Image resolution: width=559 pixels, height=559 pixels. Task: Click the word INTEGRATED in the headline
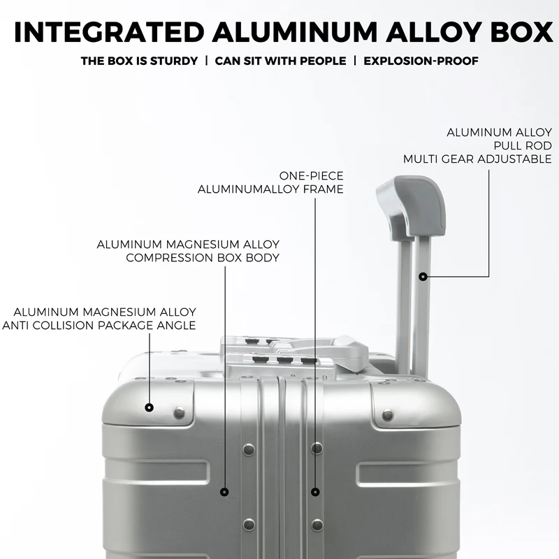tap(109, 31)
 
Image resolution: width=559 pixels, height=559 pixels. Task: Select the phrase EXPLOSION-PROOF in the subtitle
tap(421, 61)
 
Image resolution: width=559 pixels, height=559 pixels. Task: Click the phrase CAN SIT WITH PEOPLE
tap(280, 61)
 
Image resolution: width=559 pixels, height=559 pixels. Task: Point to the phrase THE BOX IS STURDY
tap(139, 61)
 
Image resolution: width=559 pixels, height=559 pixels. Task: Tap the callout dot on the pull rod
tap(423, 276)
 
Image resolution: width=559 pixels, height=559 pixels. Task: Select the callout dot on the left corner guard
tap(149, 407)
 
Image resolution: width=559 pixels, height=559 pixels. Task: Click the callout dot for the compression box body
tap(224, 492)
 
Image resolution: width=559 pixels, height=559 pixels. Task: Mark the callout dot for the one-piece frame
tap(315, 492)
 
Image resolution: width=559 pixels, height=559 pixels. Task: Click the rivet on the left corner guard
tap(179, 413)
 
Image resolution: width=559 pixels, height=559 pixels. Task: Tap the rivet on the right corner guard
tap(388, 415)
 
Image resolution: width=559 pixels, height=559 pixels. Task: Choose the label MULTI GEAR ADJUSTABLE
tap(477, 159)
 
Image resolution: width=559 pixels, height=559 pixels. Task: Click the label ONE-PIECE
tap(311, 176)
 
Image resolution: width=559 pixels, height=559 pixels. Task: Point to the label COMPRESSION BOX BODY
tap(203, 258)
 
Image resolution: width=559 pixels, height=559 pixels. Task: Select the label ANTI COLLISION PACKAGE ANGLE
tap(99, 326)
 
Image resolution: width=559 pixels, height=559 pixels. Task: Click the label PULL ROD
tap(523, 146)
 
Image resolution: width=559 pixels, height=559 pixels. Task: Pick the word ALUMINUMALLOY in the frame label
tap(248, 189)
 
